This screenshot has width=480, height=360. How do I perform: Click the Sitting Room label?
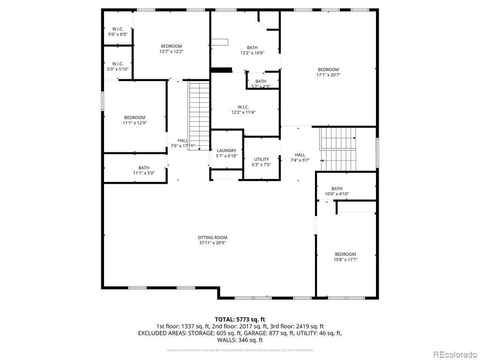coord(212,238)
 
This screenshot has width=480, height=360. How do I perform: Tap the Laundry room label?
coord(226,150)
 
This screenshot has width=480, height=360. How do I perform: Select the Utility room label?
coord(262,159)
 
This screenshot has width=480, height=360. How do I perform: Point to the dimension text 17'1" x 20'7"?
coord(328,75)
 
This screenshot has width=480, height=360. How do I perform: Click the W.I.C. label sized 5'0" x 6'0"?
coord(118,29)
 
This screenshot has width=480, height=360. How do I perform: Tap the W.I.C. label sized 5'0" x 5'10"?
coord(118,64)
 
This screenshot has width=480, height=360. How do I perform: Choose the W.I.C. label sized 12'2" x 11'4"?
coord(243,106)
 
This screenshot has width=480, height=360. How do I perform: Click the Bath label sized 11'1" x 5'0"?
coord(144,168)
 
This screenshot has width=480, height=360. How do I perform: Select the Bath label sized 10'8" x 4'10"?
coord(337,188)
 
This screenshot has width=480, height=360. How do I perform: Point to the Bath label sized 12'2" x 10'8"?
coord(252,47)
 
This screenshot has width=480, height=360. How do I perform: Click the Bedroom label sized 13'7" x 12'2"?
coord(171,46)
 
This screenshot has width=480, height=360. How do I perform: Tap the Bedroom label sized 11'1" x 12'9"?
coord(135,118)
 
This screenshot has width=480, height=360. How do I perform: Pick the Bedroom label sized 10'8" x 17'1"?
coord(345,254)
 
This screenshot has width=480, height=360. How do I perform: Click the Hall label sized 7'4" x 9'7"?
coord(300,155)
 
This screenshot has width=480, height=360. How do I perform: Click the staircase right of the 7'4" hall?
coord(337,150)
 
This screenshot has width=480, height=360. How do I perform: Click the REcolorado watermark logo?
coord(455,354)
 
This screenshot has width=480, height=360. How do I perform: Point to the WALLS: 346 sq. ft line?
coord(240,340)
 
